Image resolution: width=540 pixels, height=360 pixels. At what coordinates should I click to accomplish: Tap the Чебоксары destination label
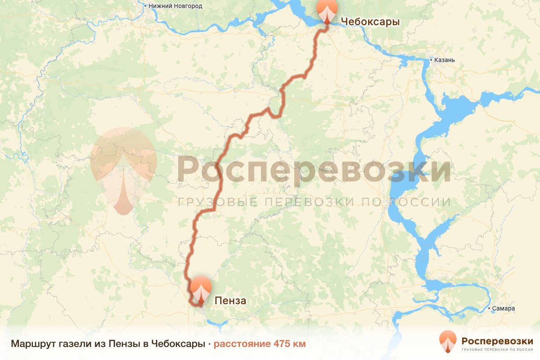(x=370, y=22)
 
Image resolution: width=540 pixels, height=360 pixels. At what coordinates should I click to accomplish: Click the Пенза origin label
(x=230, y=301)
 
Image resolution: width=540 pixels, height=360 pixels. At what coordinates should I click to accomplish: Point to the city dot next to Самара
(x=489, y=309)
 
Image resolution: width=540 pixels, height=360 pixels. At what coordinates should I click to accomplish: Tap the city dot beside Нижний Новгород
(x=145, y=6)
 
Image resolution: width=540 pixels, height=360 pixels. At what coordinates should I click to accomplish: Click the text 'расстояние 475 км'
(x=259, y=344)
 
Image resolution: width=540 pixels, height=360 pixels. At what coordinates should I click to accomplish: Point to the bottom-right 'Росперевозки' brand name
(x=497, y=340)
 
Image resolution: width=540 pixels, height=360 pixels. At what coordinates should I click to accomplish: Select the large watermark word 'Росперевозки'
(x=313, y=169)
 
